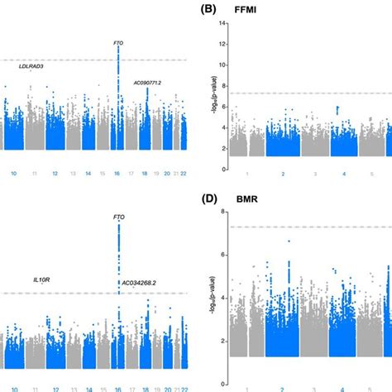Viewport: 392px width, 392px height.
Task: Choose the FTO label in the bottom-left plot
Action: (x=119, y=217)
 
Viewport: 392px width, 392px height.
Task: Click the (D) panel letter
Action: (x=211, y=199)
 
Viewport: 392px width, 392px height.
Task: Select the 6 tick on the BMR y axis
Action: (x=222, y=256)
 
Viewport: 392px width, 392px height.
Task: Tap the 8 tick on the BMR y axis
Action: (x=222, y=213)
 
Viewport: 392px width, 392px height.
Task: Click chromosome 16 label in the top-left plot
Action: (x=118, y=174)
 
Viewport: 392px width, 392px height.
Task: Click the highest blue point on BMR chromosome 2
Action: (x=288, y=241)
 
